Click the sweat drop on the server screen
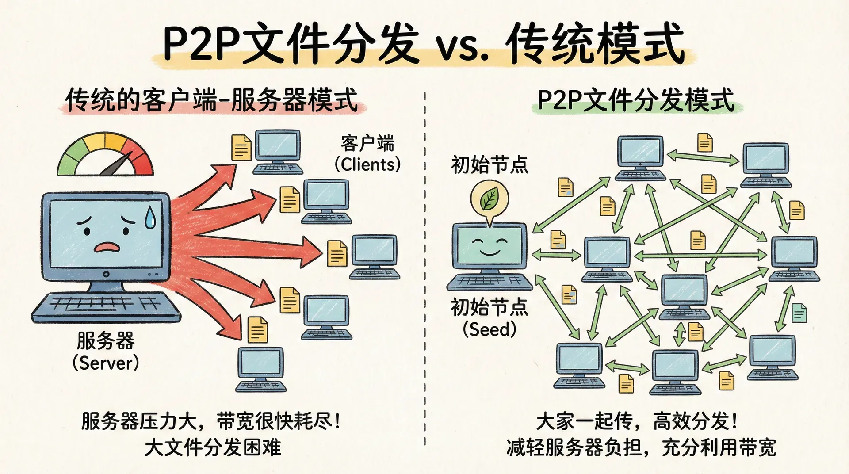pos(151,217)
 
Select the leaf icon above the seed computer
pos(489,199)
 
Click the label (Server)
pos(106,363)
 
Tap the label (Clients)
pos(367,164)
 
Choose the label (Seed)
pos(490,329)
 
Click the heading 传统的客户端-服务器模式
pos(211,100)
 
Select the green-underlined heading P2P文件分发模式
pos(635,100)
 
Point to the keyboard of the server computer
pos(106,306)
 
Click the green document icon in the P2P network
pos(799,313)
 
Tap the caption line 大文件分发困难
pos(213,447)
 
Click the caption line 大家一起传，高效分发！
pos(637,421)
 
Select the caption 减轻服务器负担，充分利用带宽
pos(641,447)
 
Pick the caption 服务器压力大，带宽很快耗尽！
pos(211,421)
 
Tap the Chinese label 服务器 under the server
pos(106,341)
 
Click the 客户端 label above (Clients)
pos(367,143)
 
